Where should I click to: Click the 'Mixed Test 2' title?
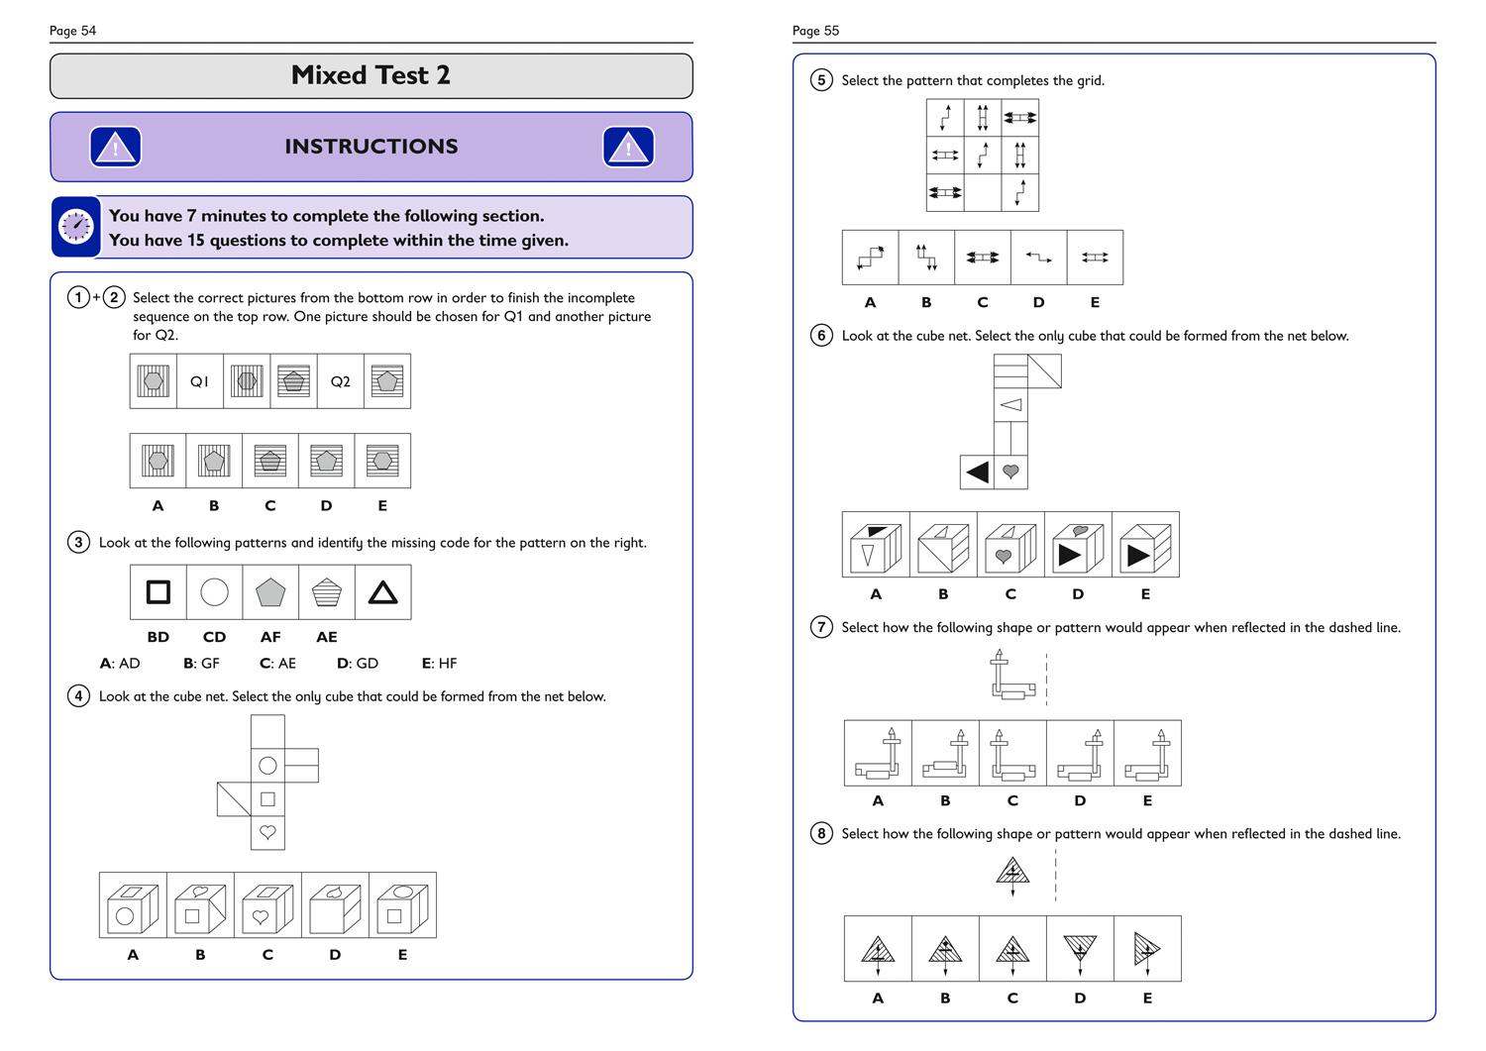371,75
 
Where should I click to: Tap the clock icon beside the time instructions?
76,227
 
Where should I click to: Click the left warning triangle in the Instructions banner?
115,148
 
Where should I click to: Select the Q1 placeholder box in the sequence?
200,381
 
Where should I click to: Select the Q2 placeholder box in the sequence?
341,381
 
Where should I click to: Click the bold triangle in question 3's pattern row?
382,592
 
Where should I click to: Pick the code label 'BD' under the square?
158,637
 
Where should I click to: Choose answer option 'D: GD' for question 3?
358,664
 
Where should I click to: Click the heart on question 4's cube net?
267,832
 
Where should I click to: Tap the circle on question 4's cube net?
267,765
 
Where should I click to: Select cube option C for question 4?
267,905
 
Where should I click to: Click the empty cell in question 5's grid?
982,192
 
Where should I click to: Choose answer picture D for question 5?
1038,258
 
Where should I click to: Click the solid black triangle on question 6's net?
977,473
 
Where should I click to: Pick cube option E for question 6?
1145,545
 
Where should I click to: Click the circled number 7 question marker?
821,627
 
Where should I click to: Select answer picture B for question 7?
945,754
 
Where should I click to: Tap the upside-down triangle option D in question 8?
1080,949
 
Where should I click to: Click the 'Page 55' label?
815,31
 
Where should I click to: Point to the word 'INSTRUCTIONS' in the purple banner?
371,147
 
